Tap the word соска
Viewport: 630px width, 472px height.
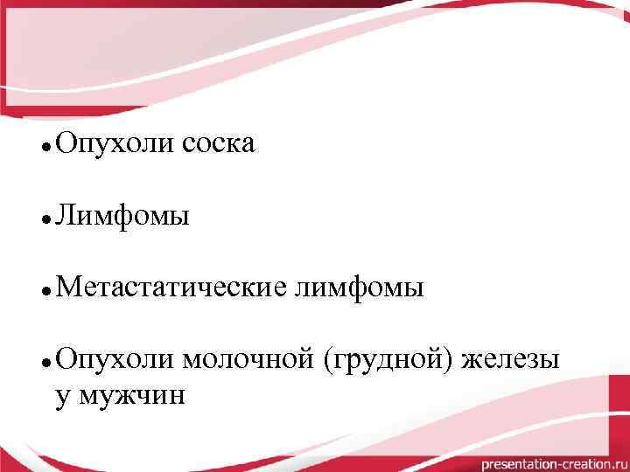[x=219, y=142]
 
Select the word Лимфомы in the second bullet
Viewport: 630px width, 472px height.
[x=122, y=214]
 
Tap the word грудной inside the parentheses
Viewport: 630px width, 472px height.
[x=388, y=359]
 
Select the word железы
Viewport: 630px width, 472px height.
[x=510, y=359]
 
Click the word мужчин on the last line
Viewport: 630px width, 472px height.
[x=131, y=395]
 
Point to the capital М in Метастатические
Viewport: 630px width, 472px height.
[x=66, y=287]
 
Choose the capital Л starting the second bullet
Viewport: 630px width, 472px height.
[x=64, y=214]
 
